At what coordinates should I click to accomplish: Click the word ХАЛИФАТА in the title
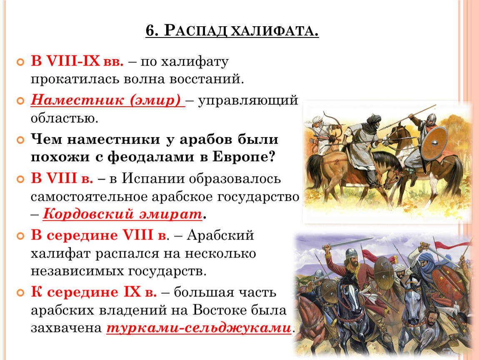pos(274,30)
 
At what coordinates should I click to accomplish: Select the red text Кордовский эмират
pos(122,214)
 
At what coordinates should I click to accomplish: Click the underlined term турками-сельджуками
pos(199,328)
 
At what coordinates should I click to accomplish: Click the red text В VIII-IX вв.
pos(77,61)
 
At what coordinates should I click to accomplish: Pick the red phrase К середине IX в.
pos(94,292)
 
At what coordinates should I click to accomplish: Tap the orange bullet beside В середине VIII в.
pos(20,236)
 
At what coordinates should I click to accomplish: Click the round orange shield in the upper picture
pos(434,143)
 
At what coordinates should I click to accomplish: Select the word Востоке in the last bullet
pos(220,310)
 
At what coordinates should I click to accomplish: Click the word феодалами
pos(151,157)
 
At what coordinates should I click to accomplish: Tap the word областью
pos(65,118)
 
